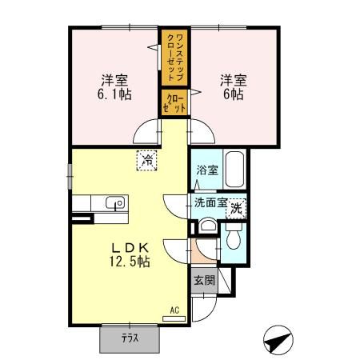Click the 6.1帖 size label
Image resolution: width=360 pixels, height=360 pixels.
click(114, 95)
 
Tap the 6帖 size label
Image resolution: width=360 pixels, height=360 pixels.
click(234, 95)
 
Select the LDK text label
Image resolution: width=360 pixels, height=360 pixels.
click(126, 246)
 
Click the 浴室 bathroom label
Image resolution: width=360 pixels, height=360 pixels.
click(205, 170)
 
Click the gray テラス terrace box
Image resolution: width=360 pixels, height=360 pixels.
click(130, 338)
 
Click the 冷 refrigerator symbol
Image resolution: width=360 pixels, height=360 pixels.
click(147, 160)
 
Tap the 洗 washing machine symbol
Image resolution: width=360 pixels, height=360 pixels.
click(237, 207)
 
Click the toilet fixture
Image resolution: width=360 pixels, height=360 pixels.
click(234, 238)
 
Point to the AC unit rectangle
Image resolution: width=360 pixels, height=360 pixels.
click(173, 318)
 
